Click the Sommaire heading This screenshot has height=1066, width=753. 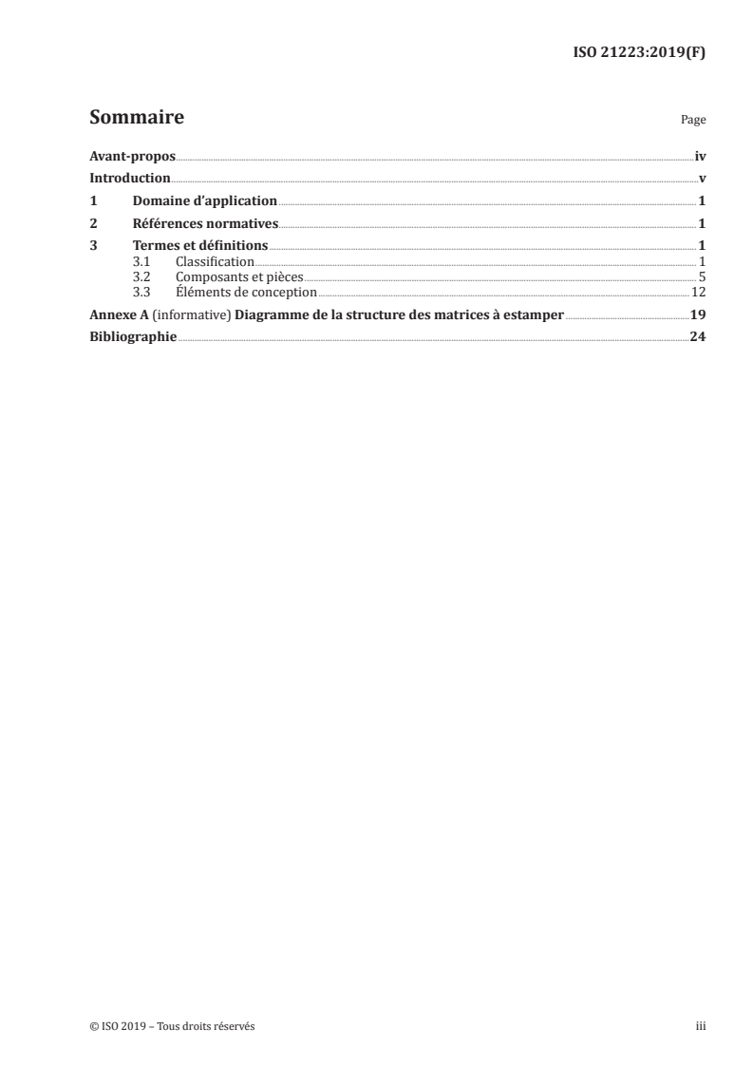click(x=137, y=119)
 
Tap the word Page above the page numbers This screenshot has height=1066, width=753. click(x=693, y=122)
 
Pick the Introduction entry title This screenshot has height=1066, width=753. click(x=129, y=178)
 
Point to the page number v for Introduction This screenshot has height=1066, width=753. click(x=702, y=178)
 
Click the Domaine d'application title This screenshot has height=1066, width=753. click(x=204, y=201)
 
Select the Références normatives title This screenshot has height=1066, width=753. click(x=205, y=224)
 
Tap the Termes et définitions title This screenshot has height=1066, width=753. click(x=200, y=247)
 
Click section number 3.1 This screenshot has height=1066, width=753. click(x=141, y=261)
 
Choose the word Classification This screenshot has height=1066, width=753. click(x=215, y=261)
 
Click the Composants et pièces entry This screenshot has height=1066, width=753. click(x=239, y=276)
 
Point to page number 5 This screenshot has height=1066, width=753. click(x=702, y=276)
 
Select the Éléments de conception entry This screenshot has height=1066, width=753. click(x=246, y=293)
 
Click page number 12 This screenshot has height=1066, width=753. click(x=698, y=293)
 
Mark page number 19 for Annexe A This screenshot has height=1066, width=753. click(x=698, y=314)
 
